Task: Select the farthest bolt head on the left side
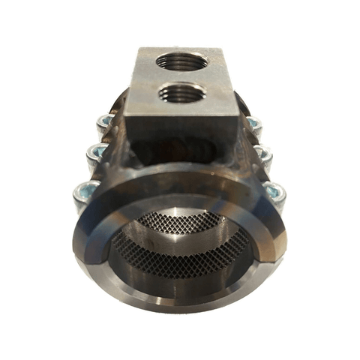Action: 104,121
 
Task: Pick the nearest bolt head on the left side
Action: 84,196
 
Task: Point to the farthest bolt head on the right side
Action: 254,122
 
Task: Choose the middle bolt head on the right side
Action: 263,154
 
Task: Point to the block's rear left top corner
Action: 139,49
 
